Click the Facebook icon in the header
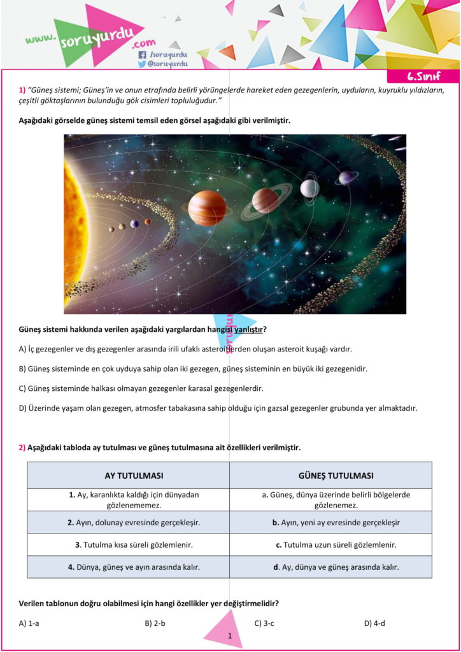click(x=142, y=55)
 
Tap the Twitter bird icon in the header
click(x=142, y=64)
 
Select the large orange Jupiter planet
click(x=207, y=208)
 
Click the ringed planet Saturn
click(x=266, y=201)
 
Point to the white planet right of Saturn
click(x=309, y=188)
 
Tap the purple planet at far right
click(x=346, y=178)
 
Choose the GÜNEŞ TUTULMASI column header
click(x=330, y=476)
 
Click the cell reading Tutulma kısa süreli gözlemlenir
click(x=128, y=545)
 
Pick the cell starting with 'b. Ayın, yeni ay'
click(x=330, y=523)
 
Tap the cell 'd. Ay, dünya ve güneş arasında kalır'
click(x=330, y=567)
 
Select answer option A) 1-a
click(x=29, y=623)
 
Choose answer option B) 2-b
click(x=155, y=623)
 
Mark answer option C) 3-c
click(x=264, y=623)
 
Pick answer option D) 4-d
click(x=374, y=623)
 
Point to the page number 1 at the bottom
click(x=229, y=635)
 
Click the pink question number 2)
click(x=22, y=448)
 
